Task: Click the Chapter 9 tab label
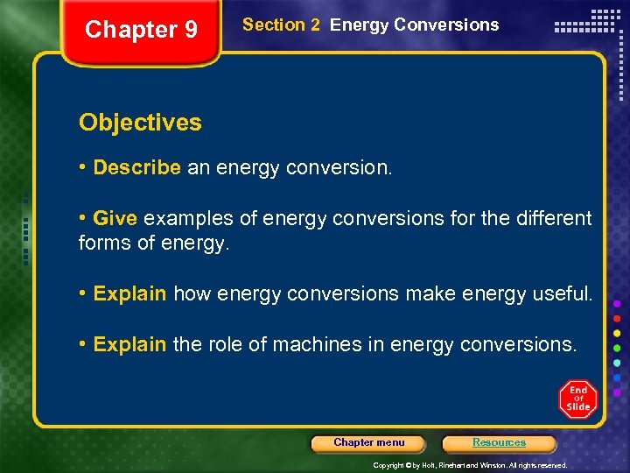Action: tap(141, 30)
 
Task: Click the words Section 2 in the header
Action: tap(281, 25)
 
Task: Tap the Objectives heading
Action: tap(140, 123)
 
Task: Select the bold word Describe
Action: tap(137, 167)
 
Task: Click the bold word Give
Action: tap(115, 218)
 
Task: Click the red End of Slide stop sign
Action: tap(577, 399)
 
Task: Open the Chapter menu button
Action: tap(368, 443)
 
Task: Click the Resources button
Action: tap(499, 443)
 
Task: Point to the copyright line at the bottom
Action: tap(470, 465)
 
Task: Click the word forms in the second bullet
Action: tap(101, 244)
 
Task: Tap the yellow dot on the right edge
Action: tap(618, 333)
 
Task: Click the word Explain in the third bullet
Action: tap(129, 294)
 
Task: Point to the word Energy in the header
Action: tap(359, 25)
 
